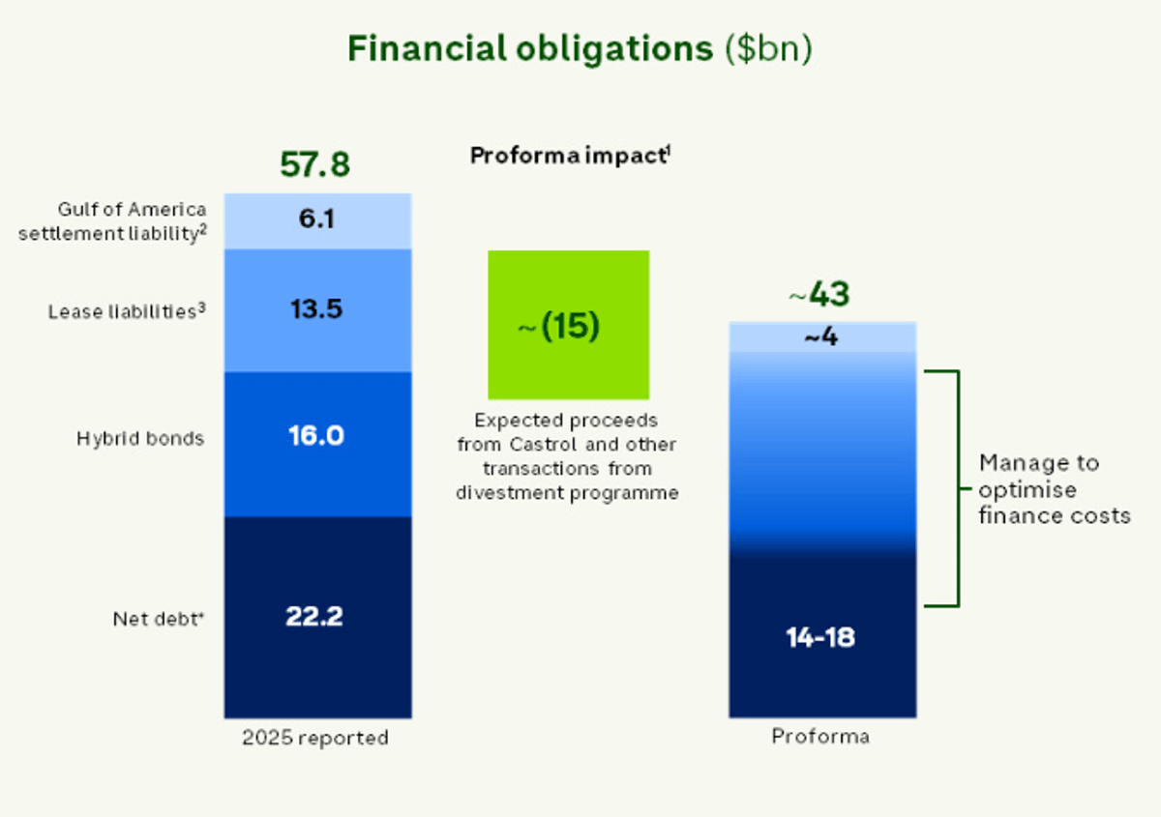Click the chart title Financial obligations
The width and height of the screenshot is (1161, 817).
pyautogui.click(x=530, y=50)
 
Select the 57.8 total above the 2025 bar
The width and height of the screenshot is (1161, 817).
pyautogui.click(x=314, y=165)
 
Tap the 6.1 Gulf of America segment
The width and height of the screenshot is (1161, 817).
pyautogui.click(x=317, y=220)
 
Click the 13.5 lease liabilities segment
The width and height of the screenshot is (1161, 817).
pyautogui.click(x=317, y=309)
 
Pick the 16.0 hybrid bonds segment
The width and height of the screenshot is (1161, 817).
pyautogui.click(x=317, y=436)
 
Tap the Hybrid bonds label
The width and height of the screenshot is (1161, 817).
pyautogui.click(x=140, y=439)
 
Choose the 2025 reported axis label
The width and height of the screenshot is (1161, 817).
pyautogui.click(x=314, y=738)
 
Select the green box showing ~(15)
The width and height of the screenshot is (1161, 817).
pyautogui.click(x=568, y=325)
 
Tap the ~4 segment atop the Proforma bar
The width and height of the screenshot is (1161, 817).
pyautogui.click(x=821, y=338)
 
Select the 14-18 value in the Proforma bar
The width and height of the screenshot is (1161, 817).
pyautogui.click(x=820, y=638)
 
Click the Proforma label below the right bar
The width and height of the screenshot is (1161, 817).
pyautogui.click(x=820, y=737)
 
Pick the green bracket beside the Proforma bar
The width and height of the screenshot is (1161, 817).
pyautogui.click(x=956, y=488)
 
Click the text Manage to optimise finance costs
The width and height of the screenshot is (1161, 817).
pyautogui.click(x=1054, y=489)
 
